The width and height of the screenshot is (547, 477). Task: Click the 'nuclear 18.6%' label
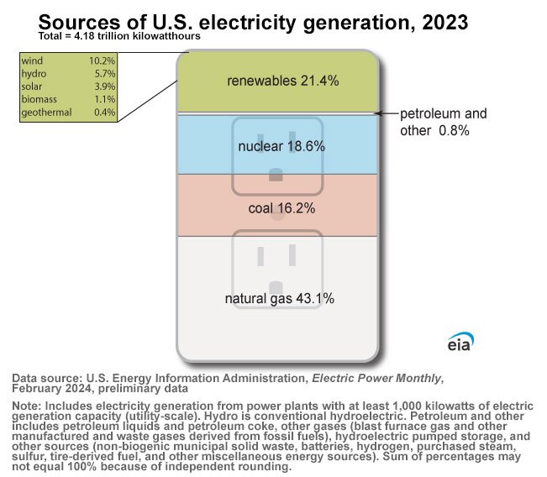pos(281,146)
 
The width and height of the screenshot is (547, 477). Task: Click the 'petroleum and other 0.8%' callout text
pos(442,122)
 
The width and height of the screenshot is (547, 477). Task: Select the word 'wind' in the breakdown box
pos(31,61)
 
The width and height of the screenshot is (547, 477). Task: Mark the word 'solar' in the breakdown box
pos(32,86)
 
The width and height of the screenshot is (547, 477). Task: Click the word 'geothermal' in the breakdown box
pos(46,112)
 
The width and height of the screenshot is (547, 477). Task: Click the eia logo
pos(460,343)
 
